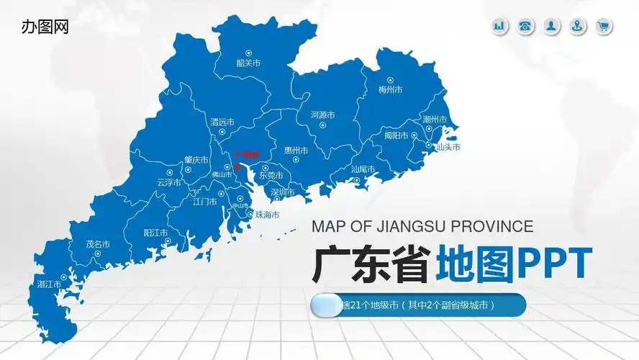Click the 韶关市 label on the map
click(x=248, y=63)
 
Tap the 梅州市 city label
click(x=390, y=90)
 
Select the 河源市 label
click(x=322, y=114)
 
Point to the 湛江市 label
click(x=49, y=284)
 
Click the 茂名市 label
click(x=98, y=244)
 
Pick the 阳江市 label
click(x=155, y=233)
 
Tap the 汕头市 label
click(x=448, y=147)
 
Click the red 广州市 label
click(x=246, y=153)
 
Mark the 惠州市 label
click(x=296, y=150)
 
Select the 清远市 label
click(x=222, y=122)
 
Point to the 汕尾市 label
click(x=363, y=169)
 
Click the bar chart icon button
click(x=499, y=27)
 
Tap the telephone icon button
click(x=525, y=27)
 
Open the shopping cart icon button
click(x=603, y=27)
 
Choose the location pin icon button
click(x=577, y=27)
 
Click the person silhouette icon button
click(x=551, y=27)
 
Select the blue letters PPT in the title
click(x=555, y=264)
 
